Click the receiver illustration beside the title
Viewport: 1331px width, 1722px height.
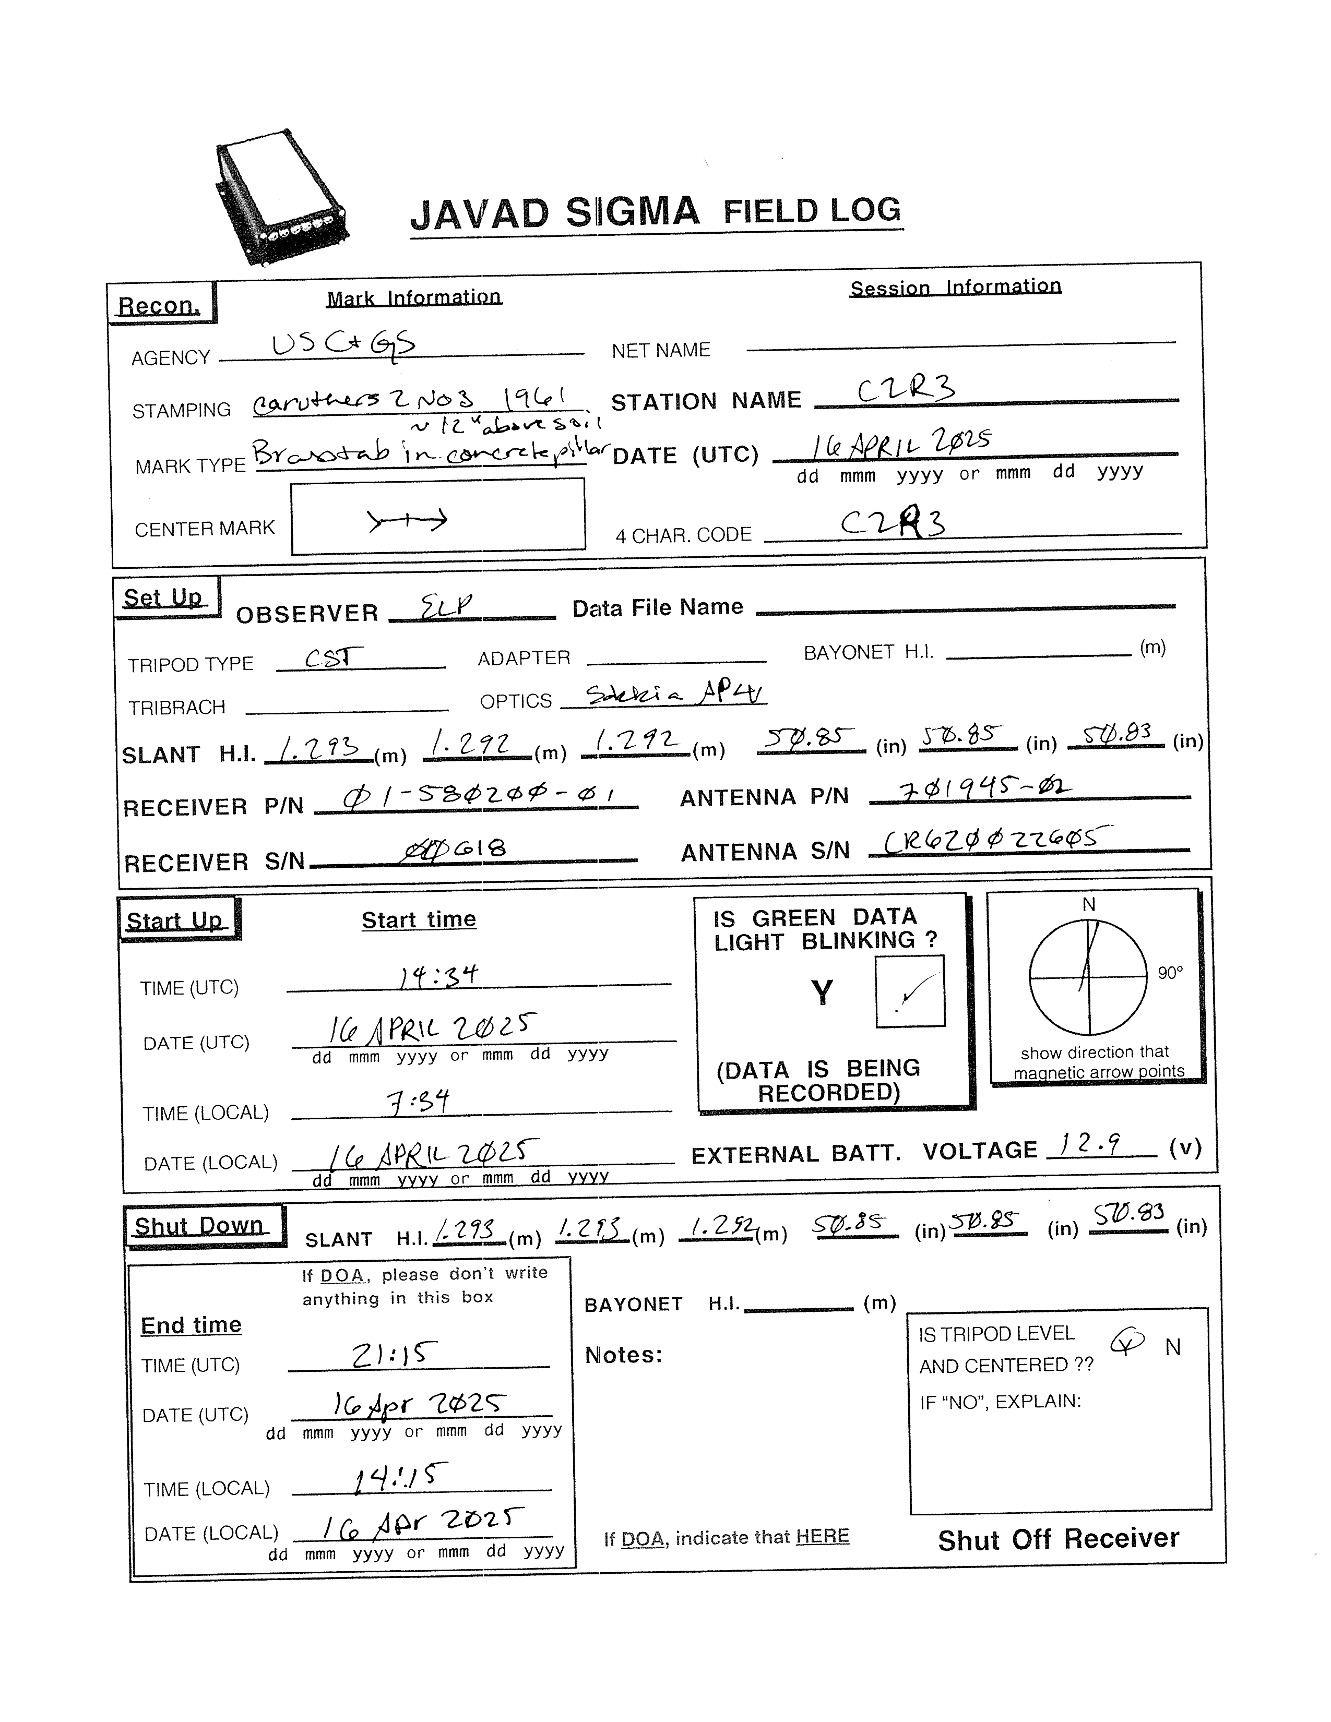coord(281,197)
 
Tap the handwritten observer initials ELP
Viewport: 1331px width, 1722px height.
coord(446,606)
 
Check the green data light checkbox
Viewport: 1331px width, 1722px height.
coord(910,991)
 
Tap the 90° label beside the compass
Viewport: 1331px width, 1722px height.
coord(1170,973)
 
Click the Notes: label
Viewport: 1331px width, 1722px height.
coord(623,1355)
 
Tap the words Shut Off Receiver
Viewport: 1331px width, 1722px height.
coord(1058,1538)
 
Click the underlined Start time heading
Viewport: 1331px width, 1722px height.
coord(419,919)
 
